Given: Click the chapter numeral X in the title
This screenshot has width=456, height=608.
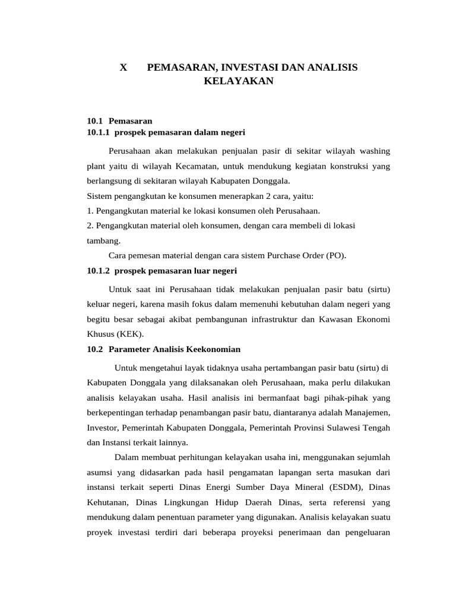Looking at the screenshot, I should click(123, 68).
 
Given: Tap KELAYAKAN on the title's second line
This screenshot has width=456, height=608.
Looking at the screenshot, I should click(238, 81).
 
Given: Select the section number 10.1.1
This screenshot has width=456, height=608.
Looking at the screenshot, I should click(99, 132).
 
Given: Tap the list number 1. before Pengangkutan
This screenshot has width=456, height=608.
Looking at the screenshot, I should click(90, 211).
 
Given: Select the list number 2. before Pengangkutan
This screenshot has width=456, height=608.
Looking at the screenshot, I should click(90, 226).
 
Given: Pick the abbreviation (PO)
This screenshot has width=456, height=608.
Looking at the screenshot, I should click(335, 256).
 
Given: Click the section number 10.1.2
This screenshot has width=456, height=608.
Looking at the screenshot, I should click(99, 271).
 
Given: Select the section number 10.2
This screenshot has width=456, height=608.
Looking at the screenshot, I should click(95, 349).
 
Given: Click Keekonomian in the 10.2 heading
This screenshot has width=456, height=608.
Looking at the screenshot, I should click(215, 349).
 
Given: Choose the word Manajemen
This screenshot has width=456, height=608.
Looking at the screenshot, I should click(366, 412).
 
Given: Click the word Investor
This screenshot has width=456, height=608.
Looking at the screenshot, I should click(103, 427).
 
